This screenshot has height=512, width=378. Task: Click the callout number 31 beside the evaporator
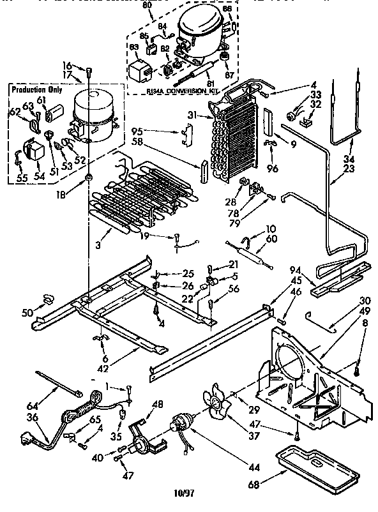click(201, 115)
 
